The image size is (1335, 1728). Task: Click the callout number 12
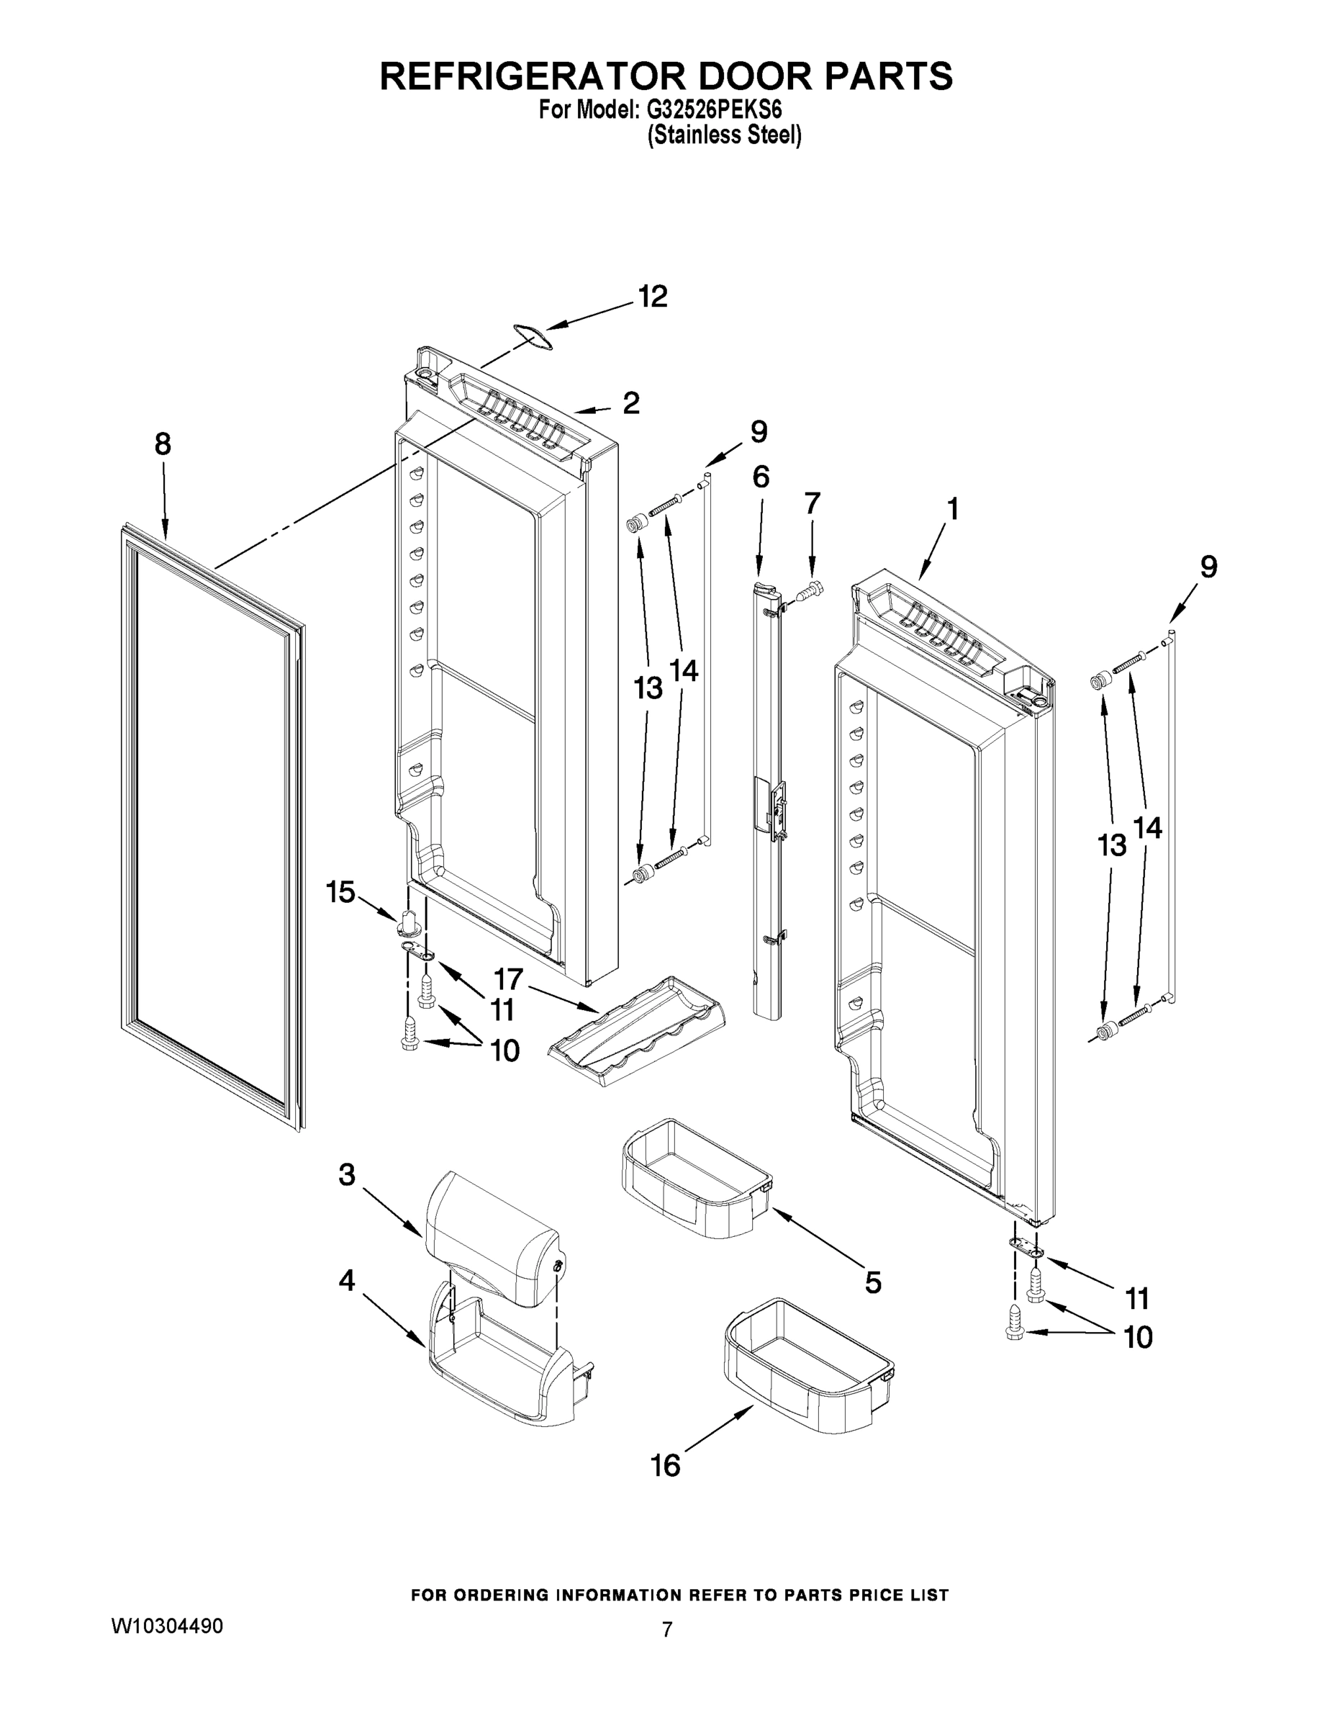pos(653,297)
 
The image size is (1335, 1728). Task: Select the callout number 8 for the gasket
pos(162,445)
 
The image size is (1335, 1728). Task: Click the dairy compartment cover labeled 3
pos(490,1254)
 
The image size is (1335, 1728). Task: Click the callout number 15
pos(341,893)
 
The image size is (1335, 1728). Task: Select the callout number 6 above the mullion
pos(761,477)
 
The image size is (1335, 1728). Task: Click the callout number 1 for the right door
pos(953,509)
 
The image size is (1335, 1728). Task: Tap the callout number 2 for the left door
pos(630,403)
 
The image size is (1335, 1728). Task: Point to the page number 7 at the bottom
pos(666,1630)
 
